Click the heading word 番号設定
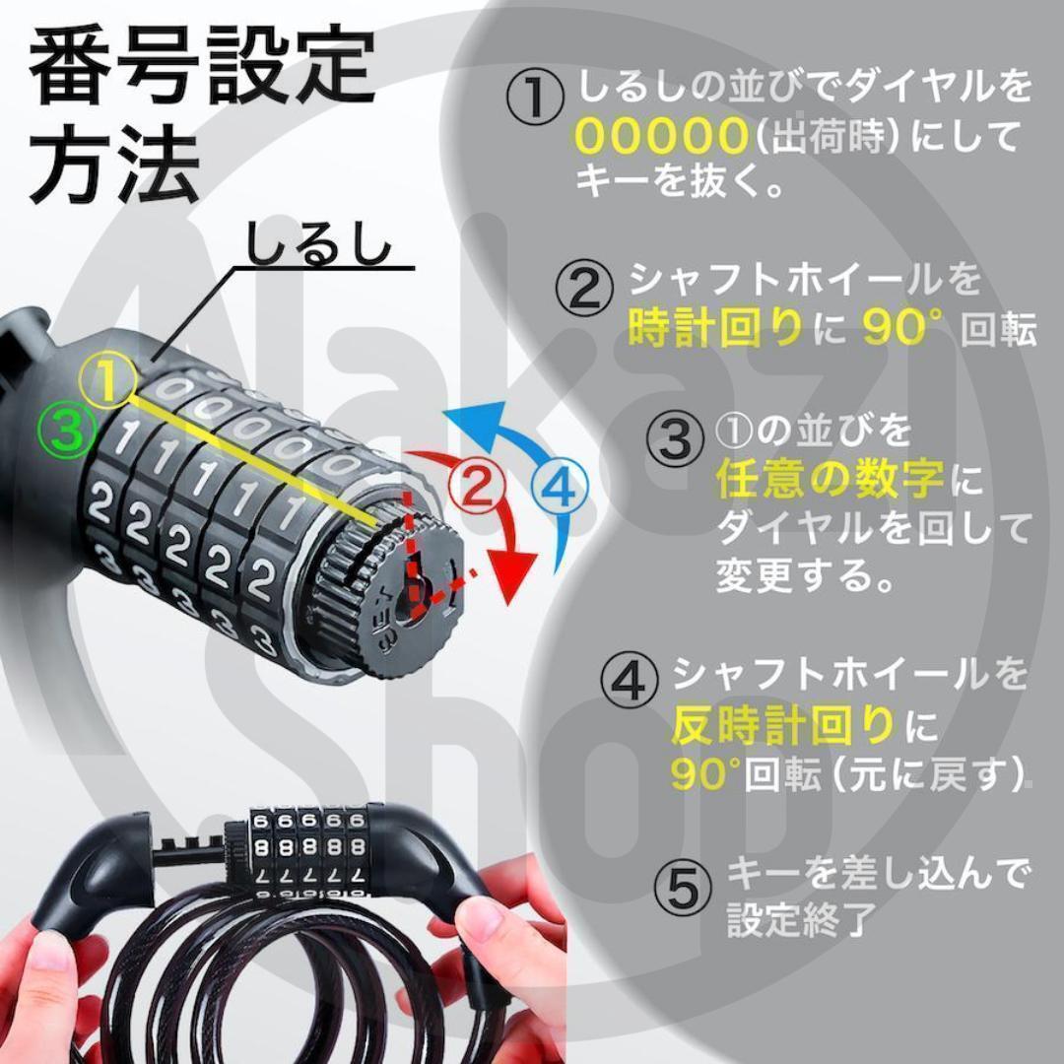pyautogui.click(x=202, y=67)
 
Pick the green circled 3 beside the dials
pyautogui.click(x=67, y=429)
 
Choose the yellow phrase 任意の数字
pyautogui.click(x=830, y=478)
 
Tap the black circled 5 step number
pyautogui.click(x=684, y=889)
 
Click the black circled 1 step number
pyautogui.click(x=535, y=97)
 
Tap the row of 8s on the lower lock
pyautogui.click(x=308, y=847)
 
